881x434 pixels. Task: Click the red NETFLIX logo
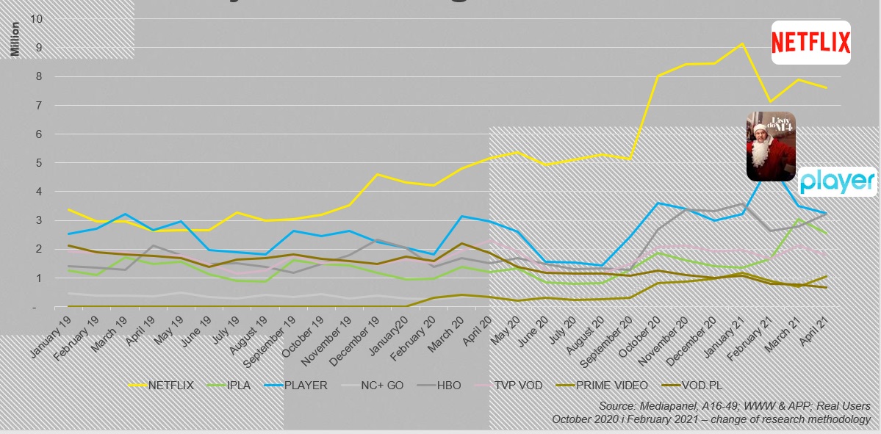pyautogui.click(x=810, y=43)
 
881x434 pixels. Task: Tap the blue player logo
pyautogui.click(x=837, y=181)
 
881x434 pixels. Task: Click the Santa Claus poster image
pyautogui.click(x=771, y=146)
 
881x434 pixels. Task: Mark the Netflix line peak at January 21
pyautogui.click(x=742, y=43)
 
